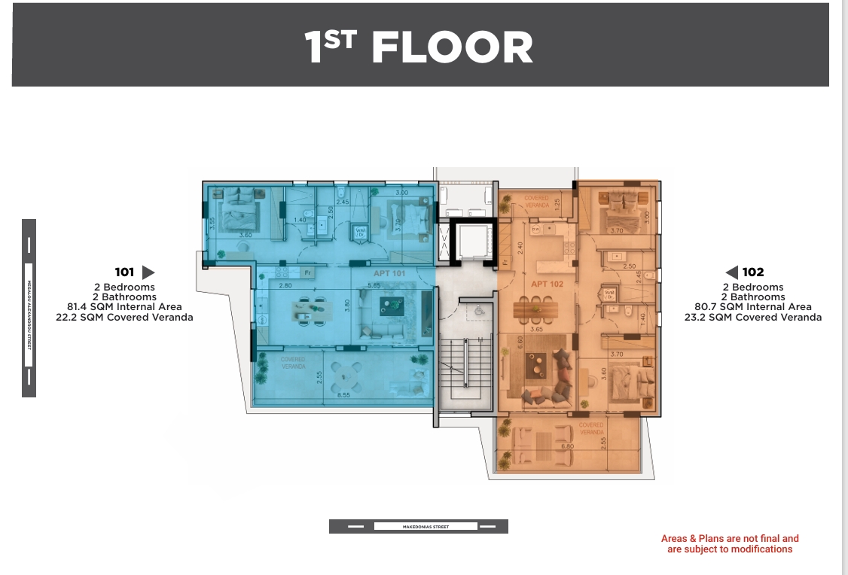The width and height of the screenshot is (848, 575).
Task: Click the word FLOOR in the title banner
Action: [x=452, y=47]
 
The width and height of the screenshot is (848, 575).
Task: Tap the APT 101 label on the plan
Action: [x=389, y=274]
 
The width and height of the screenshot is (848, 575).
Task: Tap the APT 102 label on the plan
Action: [x=547, y=284]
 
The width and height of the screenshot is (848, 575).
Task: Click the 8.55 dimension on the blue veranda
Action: [x=343, y=394]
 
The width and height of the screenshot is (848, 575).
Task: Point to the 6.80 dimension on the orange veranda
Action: [x=568, y=446]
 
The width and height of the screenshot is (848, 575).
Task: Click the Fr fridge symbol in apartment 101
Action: [x=307, y=272]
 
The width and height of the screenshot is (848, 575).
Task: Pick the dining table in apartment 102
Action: [x=535, y=309]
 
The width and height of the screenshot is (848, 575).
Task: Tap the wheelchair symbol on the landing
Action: [x=477, y=309]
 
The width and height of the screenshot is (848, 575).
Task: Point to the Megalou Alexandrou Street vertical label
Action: [x=29, y=308]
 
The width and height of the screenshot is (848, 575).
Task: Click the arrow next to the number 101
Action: [x=148, y=272]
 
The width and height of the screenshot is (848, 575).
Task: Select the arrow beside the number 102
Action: [x=731, y=272]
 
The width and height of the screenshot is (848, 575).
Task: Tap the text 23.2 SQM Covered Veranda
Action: [x=753, y=318]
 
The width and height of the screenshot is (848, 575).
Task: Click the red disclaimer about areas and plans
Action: [x=729, y=544]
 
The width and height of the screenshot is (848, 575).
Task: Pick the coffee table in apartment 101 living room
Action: [x=392, y=305]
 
